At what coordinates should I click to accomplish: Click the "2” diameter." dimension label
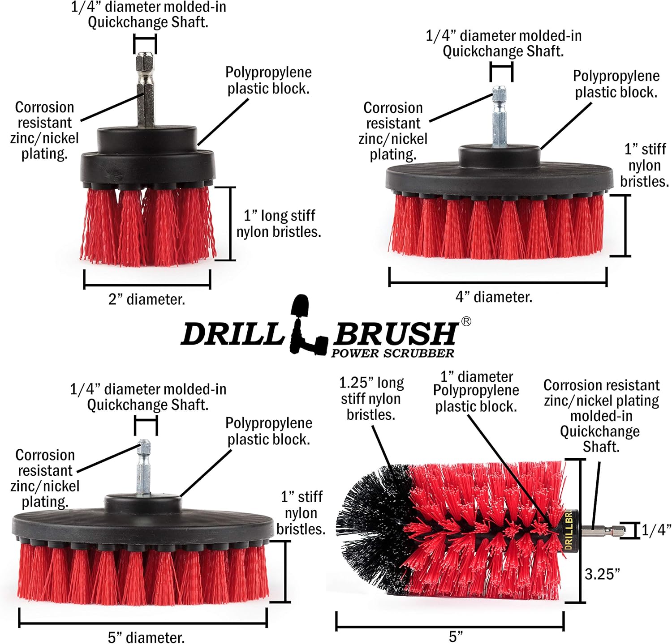pos(146,299)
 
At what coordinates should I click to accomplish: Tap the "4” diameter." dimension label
pos(494,297)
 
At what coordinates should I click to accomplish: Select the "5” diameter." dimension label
pos(146,637)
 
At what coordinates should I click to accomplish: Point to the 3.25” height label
pos(603,574)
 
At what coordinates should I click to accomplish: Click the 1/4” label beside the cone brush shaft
pos(656,530)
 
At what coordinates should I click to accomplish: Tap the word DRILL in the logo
pos(232,333)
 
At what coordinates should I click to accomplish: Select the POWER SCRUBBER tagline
pos(392,353)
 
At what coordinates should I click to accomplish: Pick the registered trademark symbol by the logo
pos(466,321)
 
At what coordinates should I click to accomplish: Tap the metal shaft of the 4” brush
pos(499,117)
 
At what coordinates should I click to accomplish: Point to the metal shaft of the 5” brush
pos(144,468)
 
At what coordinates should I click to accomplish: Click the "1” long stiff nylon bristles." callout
pos(279,223)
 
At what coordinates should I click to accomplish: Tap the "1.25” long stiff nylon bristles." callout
pos(371,398)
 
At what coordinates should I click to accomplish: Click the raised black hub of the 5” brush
pos(143,503)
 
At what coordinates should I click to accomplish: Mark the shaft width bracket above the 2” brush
pos(145,44)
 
